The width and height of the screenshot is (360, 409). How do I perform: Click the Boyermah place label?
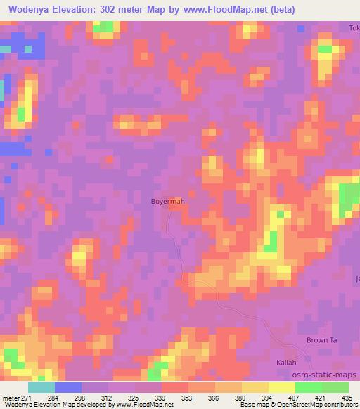(168, 202)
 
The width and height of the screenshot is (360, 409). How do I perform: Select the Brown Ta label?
(322, 340)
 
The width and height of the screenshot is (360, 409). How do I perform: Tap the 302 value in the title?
(117, 9)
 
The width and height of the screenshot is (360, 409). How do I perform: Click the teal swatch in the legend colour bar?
(41, 387)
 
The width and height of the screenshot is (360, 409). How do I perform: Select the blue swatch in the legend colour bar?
(67, 387)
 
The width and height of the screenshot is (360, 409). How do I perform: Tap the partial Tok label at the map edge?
(354, 28)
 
